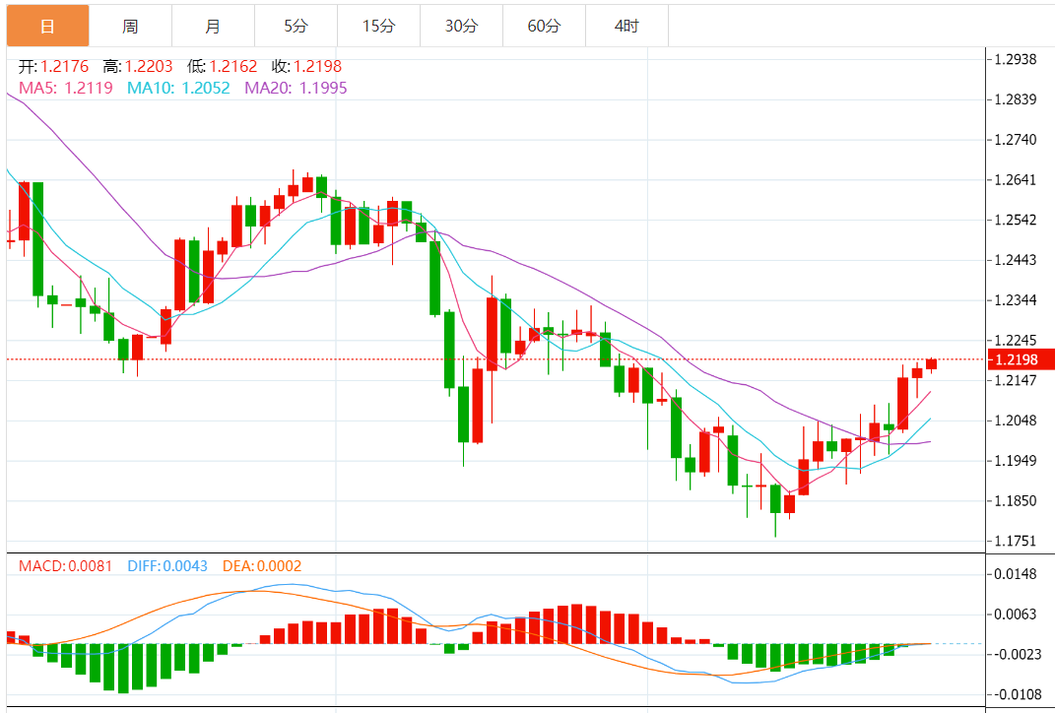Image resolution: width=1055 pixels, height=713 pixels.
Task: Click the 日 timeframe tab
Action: tap(47, 26)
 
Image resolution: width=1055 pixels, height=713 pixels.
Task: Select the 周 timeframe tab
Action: tap(130, 26)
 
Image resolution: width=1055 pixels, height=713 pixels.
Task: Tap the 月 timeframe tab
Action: tap(213, 26)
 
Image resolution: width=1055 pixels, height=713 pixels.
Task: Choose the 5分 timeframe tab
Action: tap(296, 26)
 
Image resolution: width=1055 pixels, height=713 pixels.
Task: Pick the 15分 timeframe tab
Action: tap(378, 26)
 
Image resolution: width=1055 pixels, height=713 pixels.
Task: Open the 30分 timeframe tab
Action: tap(461, 26)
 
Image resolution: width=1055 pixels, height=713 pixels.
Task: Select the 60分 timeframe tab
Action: tap(544, 26)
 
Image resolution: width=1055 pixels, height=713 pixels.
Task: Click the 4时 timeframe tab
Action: tap(626, 26)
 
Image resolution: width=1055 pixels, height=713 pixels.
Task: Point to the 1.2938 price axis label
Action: tap(1016, 59)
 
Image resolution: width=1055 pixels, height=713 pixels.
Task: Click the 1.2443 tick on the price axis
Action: tap(1016, 260)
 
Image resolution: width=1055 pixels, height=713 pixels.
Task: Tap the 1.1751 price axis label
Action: tap(1016, 541)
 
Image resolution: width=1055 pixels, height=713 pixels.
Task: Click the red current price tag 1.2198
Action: tap(1022, 359)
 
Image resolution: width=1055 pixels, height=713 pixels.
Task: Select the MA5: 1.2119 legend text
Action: tap(66, 88)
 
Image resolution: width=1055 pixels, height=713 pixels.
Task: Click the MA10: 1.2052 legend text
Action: tap(179, 88)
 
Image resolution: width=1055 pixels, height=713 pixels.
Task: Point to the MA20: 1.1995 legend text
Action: tap(296, 88)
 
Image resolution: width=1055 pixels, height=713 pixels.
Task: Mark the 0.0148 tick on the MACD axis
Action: tap(1016, 574)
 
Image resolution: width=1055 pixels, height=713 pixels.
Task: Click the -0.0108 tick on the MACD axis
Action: tap(1016, 694)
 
